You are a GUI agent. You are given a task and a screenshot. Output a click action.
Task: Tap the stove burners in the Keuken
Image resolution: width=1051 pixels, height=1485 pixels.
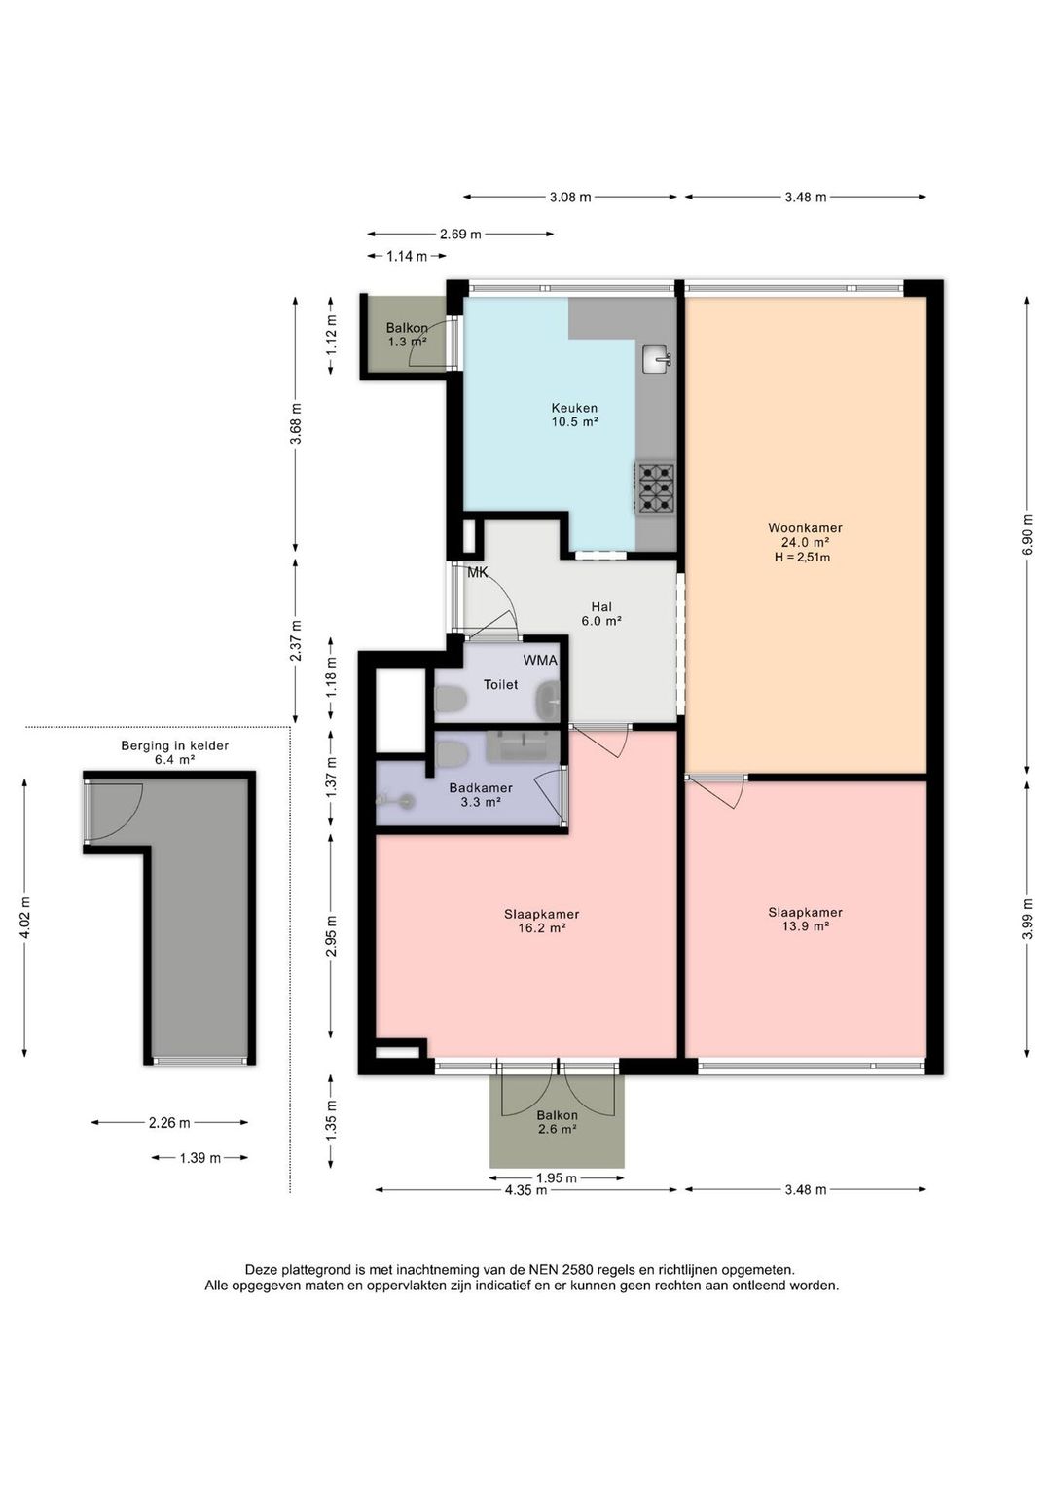click(x=655, y=488)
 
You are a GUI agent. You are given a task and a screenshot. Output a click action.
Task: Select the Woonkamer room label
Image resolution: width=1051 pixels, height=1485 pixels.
click(x=805, y=528)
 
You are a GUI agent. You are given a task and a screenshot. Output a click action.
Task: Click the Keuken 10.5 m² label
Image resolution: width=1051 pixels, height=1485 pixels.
click(x=574, y=415)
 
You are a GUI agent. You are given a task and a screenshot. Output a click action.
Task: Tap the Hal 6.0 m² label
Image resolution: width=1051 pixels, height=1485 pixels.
click(x=601, y=614)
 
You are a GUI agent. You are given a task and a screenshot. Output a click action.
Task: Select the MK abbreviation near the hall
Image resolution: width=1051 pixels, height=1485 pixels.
click(x=478, y=573)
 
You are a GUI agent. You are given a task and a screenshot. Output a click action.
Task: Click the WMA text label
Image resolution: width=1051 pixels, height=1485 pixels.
click(x=540, y=661)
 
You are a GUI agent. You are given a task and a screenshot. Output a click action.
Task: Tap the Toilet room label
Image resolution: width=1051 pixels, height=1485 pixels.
click(x=500, y=684)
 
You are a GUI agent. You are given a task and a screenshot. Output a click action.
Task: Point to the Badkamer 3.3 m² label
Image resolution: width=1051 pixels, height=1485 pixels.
click(x=480, y=795)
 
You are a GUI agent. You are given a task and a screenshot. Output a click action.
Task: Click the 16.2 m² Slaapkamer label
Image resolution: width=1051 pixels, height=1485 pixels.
click(x=541, y=921)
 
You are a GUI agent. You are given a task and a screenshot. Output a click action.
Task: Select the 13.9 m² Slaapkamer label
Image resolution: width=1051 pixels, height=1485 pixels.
click(x=805, y=919)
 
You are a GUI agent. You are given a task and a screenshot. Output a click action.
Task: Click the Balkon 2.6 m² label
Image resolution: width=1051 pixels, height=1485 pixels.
click(x=557, y=1122)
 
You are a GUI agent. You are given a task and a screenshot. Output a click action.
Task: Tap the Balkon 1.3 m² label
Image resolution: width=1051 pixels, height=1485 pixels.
click(x=407, y=335)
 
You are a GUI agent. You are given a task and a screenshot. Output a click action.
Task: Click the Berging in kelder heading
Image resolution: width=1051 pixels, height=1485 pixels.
click(x=174, y=745)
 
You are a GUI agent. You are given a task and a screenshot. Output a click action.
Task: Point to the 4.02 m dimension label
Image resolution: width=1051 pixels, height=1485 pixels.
click(x=24, y=918)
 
